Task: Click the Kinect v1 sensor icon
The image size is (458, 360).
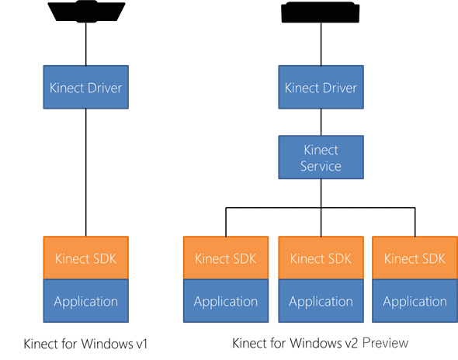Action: point(85,13)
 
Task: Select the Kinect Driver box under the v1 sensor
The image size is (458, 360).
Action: point(86,88)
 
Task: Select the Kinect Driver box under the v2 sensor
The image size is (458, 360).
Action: point(321,88)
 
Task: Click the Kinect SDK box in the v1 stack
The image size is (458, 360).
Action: point(86,258)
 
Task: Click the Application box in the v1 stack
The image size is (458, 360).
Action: point(86,301)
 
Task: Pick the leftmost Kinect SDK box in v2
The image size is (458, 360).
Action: point(226,258)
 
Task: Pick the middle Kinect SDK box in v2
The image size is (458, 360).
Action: point(321,258)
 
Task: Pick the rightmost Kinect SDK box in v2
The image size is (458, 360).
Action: point(415,258)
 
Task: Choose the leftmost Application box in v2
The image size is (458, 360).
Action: point(226,301)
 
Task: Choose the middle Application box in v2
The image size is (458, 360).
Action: point(321,301)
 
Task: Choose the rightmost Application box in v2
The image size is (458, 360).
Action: point(415,301)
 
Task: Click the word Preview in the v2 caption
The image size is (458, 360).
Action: point(380,342)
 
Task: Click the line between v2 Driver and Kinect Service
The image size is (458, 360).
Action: point(321,123)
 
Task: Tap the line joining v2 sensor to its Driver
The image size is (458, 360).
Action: point(321,45)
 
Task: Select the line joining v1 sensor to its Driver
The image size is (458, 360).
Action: point(86,45)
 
